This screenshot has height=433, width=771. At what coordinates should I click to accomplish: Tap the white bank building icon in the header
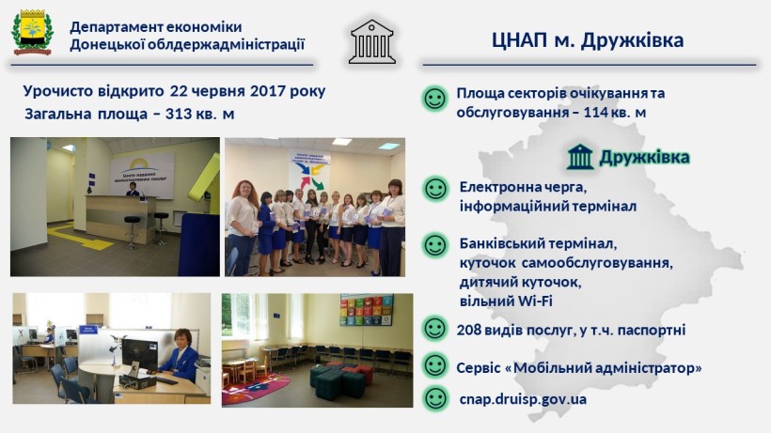(372, 41)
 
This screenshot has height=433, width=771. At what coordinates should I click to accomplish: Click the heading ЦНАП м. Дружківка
(588, 40)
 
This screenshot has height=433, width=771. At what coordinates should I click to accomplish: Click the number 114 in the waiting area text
(595, 113)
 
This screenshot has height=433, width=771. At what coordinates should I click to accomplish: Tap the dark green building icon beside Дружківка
(580, 157)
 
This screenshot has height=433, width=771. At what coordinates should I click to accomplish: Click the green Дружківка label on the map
(644, 158)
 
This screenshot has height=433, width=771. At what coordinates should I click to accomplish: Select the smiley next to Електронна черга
(435, 189)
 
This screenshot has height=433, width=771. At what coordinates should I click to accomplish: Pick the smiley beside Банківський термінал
(435, 245)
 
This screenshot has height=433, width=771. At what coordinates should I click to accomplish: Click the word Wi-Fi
(534, 301)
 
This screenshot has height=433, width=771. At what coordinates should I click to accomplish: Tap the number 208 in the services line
(469, 330)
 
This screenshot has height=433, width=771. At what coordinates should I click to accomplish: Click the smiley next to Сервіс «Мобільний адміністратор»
(435, 365)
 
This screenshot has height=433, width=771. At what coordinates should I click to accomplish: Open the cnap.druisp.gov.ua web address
(523, 399)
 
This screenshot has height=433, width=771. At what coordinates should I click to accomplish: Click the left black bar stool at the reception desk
(132, 231)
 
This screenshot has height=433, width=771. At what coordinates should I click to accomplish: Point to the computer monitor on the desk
(140, 353)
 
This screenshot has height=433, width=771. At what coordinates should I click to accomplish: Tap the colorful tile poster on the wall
(367, 310)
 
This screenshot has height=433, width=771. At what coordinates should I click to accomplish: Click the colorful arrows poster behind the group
(309, 172)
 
